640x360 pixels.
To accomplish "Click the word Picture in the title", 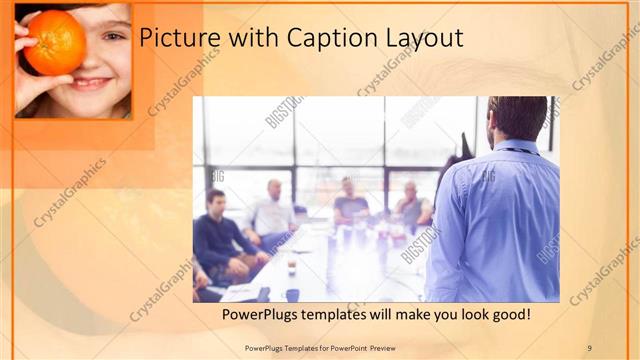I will point(176,38).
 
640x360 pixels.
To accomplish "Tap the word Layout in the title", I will point(424,38).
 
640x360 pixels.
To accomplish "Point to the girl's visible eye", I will point(113,36).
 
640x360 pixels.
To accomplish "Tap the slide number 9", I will point(589,347).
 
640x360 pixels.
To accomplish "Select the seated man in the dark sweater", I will point(224,240).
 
